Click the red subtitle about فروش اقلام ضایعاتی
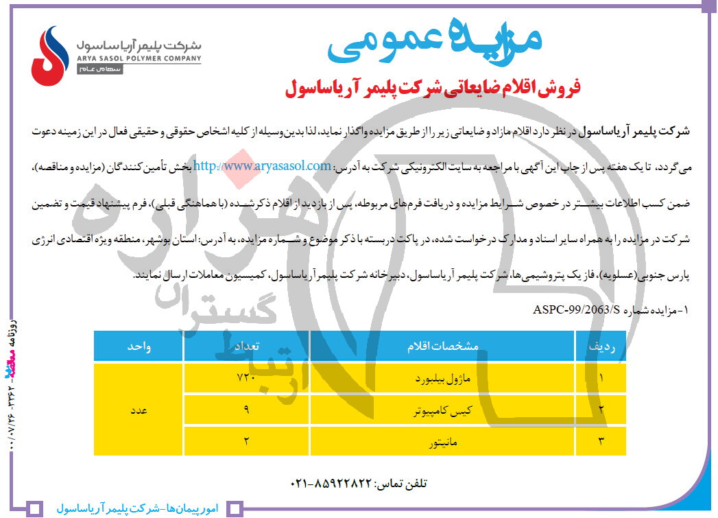(x=433, y=89)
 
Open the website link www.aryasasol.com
(x=263, y=165)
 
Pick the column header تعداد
(x=247, y=347)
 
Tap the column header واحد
(x=139, y=347)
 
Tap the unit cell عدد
(x=139, y=410)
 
